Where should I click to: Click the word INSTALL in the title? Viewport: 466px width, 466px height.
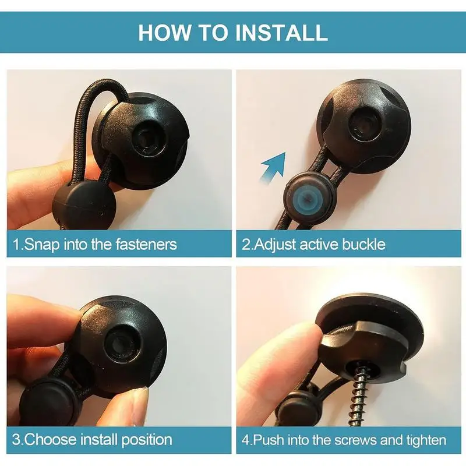point(281,33)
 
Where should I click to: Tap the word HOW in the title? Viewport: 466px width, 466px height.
point(164,33)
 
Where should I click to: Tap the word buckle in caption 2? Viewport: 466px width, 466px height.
point(363,244)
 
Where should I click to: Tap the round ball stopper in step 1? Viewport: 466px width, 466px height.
point(84,205)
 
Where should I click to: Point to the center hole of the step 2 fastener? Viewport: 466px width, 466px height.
point(363,124)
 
